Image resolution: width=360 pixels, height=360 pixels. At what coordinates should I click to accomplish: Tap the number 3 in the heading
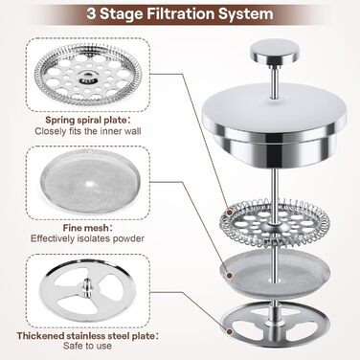coord(91,14)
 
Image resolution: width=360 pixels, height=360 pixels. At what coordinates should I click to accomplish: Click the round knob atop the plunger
coord(275,52)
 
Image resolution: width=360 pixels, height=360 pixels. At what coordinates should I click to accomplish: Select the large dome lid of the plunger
coord(275,123)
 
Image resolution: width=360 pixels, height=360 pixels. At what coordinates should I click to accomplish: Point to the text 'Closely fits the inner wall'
coord(88,131)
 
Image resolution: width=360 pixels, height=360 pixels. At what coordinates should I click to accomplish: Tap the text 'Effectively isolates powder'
coord(87,238)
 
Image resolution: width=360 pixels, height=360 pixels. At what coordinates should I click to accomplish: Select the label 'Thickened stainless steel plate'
coord(85,336)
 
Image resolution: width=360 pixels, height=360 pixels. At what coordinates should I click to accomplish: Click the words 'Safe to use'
coord(87,346)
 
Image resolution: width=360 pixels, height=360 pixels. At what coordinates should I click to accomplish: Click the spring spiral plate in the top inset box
coord(87,77)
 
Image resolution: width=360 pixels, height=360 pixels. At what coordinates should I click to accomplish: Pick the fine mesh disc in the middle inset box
coord(88,183)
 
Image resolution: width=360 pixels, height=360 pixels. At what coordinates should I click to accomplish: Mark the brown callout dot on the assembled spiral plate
coord(230,212)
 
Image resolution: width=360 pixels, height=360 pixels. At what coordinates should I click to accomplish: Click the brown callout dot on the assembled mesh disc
coord(229,275)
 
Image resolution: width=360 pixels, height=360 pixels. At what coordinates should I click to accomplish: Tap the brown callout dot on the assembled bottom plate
coord(229,331)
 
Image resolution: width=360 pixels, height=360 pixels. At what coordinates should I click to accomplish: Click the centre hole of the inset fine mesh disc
coord(90,184)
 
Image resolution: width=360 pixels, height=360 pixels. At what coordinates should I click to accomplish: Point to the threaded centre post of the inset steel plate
coord(86,286)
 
